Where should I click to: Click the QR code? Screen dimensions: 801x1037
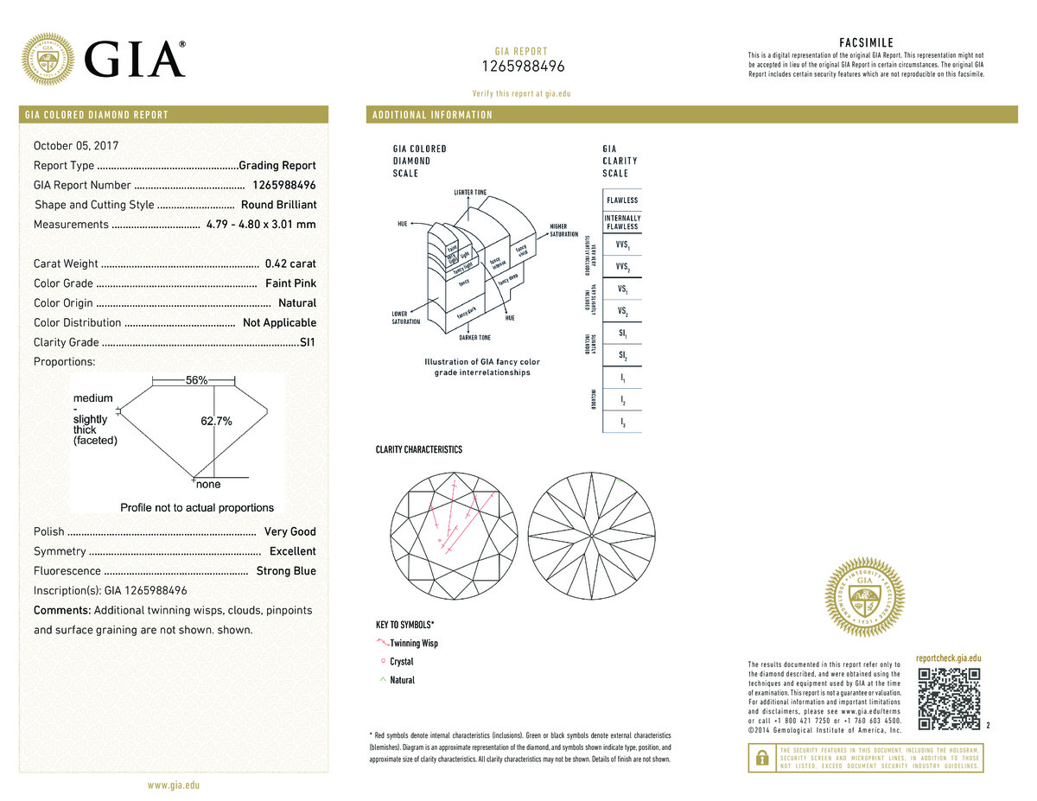[949, 698]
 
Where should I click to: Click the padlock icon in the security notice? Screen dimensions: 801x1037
[761, 758]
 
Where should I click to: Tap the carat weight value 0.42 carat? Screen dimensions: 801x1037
[291, 264]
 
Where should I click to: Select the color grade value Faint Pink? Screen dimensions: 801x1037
[290, 283]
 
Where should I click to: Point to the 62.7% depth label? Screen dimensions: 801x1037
[216, 421]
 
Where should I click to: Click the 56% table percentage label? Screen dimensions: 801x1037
[196, 380]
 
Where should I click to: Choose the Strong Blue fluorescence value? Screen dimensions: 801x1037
[286, 571]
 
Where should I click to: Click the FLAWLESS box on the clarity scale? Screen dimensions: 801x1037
[622, 200]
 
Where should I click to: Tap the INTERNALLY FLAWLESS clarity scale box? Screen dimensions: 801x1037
[622, 222]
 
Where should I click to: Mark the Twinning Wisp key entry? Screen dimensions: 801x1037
[414, 643]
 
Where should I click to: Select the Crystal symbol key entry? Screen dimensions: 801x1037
[402, 662]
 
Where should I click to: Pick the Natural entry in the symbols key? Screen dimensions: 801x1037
[402, 680]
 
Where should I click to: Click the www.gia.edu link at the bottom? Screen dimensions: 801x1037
[174, 785]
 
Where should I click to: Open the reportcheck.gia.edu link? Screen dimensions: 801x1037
[948, 658]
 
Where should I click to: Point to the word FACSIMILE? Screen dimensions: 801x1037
[866, 43]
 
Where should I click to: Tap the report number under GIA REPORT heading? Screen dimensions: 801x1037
[522, 67]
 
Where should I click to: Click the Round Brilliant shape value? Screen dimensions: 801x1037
[278, 205]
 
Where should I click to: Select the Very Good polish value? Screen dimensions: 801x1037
[289, 531]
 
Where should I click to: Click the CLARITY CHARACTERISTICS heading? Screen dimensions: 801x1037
[418, 450]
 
